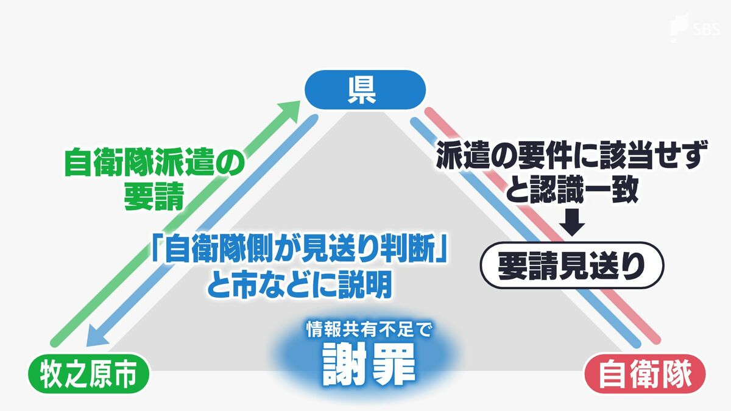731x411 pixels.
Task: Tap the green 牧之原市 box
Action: pyautogui.click(x=87, y=376)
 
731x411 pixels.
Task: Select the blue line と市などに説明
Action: pyautogui.click(x=298, y=284)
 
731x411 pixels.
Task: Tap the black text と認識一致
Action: pyautogui.click(x=571, y=191)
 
